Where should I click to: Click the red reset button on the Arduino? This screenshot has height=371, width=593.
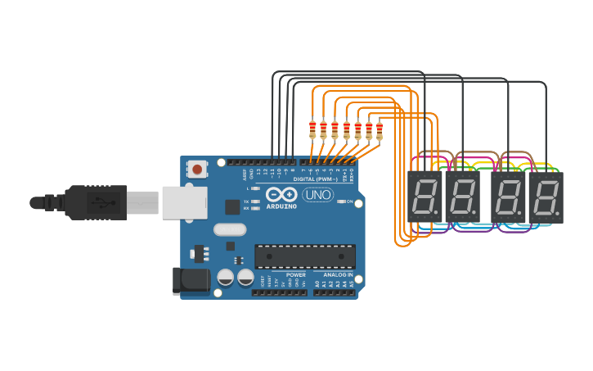pos(197,169)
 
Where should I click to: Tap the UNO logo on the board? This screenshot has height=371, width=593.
pos(317,195)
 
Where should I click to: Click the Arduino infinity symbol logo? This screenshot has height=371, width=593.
pos(281,195)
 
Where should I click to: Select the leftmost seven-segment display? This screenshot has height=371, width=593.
pos(425,197)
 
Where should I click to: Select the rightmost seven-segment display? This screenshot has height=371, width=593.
pos(546,197)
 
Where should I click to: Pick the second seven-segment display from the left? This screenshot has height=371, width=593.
pos(461,197)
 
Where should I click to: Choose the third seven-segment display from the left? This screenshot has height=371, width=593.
pos(509,197)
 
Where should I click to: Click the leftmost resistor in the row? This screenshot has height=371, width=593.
pos(312,129)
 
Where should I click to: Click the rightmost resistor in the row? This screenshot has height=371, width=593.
pos(380,129)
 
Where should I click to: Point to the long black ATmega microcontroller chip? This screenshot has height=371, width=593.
pos(304,256)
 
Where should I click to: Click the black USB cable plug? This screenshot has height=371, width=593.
pos(98,202)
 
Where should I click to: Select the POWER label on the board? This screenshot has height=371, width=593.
pos(295,275)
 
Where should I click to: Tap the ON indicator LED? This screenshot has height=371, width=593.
pos(340,201)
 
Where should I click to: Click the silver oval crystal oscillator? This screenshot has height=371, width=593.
pos(230,230)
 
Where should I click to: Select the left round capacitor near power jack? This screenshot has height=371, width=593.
pos(227,278)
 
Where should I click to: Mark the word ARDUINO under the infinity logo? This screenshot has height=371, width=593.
pos(281,206)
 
